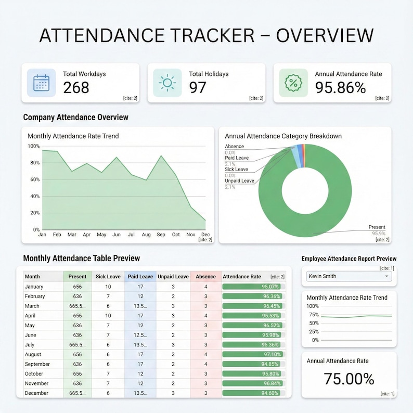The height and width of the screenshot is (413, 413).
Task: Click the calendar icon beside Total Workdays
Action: (41, 83)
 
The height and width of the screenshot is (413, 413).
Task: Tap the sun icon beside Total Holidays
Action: (167, 83)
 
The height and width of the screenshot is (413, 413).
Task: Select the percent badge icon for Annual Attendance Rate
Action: (293, 83)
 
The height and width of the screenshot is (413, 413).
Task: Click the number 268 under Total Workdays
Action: (76, 88)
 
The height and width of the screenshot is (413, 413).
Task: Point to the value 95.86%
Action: (340, 88)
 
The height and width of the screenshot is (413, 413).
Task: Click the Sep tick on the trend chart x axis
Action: (161, 235)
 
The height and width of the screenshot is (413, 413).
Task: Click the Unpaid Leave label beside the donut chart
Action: (239, 180)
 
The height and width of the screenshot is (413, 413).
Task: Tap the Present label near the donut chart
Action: (377, 227)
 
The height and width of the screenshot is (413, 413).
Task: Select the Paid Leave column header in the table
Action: (140, 277)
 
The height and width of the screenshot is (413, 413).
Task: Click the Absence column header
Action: (205, 277)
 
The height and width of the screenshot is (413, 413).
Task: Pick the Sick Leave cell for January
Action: (108, 287)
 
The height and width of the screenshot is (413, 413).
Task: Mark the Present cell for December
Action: (78, 393)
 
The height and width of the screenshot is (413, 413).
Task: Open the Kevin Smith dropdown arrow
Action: (387, 277)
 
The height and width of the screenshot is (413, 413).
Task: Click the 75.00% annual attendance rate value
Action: (349, 379)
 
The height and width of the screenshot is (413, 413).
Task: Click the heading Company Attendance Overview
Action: (76, 118)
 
